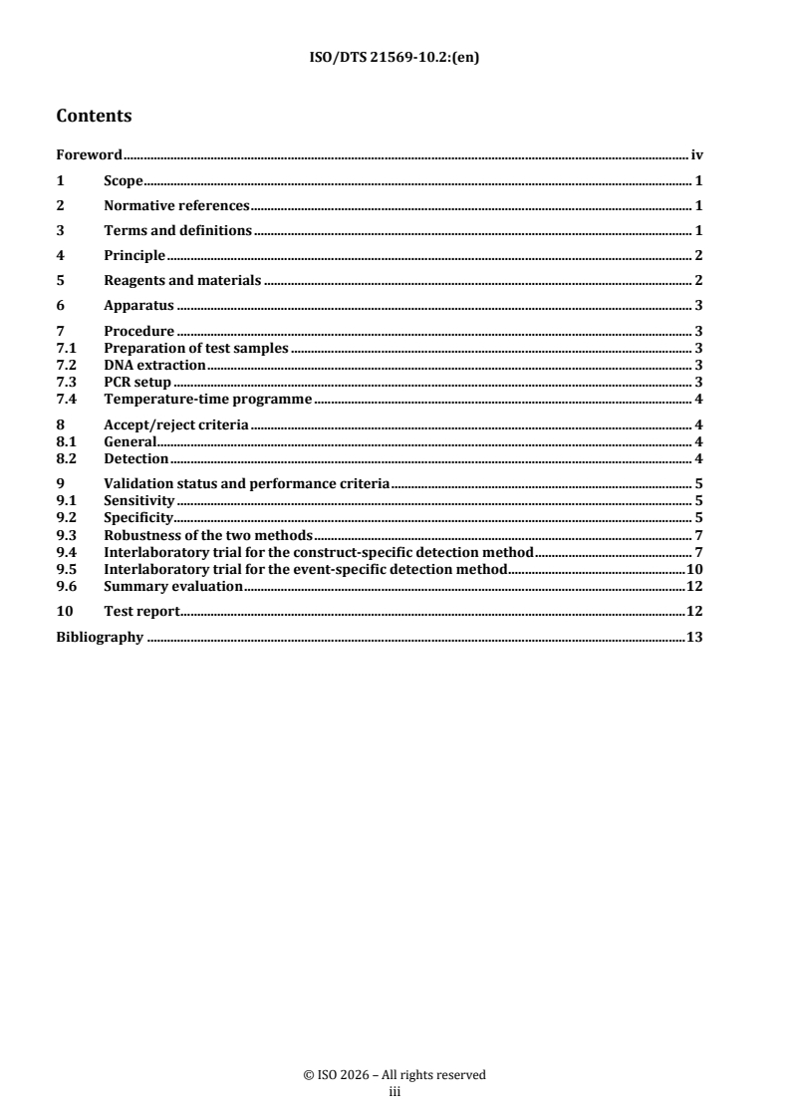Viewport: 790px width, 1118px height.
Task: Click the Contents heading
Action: (x=94, y=117)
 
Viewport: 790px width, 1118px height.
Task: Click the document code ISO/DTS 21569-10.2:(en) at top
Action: (x=395, y=57)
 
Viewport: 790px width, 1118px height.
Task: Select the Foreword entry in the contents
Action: (x=89, y=155)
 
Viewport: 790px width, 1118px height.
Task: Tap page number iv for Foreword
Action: (x=697, y=155)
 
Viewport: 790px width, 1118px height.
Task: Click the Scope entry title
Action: (x=125, y=181)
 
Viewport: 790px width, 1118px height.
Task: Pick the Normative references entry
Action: (x=176, y=206)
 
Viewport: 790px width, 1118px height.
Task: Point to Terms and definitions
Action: (x=177, y=231)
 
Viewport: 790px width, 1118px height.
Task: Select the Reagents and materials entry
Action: (x=182, y=281)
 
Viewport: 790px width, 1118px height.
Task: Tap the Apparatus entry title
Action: (x=139, y=306)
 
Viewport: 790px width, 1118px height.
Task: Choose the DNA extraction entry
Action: (x=154, y=365)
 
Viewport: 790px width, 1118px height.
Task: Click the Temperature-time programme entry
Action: (x=208, y=399)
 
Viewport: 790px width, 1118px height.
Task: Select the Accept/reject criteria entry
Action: (x=176, y=425)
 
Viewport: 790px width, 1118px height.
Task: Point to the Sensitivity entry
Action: (x=139, y=500)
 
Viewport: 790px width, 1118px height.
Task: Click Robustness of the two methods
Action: (x=207, y=535)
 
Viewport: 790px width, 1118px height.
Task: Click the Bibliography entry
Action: (x=100, y=638)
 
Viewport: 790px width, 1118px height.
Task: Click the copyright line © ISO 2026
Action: (x=395, y=1075)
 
